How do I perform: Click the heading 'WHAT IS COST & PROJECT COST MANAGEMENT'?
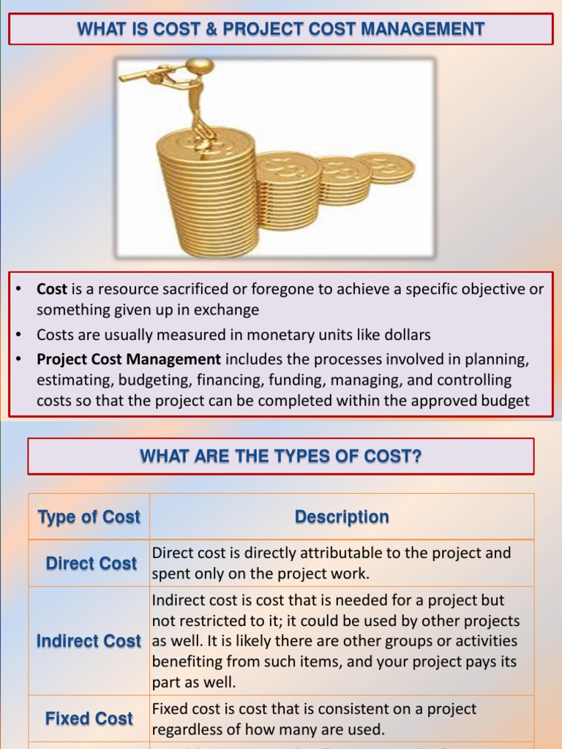(x=281, y=29)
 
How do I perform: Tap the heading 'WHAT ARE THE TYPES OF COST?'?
(x=281, y=457)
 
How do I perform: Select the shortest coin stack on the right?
(x=386, y=168)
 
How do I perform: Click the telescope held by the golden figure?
(x=150, y=71)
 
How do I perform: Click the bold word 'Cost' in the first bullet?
(x=52, y=289)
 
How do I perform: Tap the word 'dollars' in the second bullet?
(x=405, y=335)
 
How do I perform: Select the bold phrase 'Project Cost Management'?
(x=129, y=359)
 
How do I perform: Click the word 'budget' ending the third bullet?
(x=504, y=401)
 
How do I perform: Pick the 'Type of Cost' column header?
(x=89, y=517)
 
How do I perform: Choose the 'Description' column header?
(x=342, y=517)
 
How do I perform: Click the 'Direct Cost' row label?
(x=91, y=563)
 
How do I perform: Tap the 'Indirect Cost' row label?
(x=89, y=641)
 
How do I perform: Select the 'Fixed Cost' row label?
(x=89, y=718)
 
